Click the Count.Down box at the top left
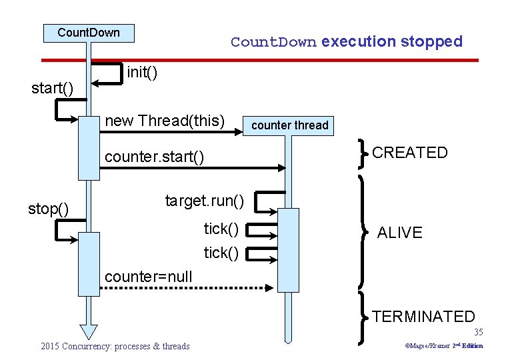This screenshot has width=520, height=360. tap(89, 33)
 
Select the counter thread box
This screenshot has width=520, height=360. tap(289, 125)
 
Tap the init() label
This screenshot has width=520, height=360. tap(142, 72)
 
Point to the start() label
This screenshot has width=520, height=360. tap(53, 88)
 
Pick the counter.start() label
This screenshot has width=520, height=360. tap(155, 157)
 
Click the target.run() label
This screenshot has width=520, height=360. tap(204, 200)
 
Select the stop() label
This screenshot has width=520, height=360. tap(48, 209)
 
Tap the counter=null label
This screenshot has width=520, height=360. tap(149, 276)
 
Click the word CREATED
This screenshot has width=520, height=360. tap(410, 153)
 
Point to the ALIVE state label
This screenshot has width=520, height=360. tap(400, 233)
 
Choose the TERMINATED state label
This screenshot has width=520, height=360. tap(423, 317)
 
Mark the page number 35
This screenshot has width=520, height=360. tap(478, 332)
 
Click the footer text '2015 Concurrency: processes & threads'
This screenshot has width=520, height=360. tap(115, 346)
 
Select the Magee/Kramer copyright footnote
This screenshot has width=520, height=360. tap(444, 346)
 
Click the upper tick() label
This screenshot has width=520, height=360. tap(221, 229)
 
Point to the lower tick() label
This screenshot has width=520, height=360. tap(221, 253)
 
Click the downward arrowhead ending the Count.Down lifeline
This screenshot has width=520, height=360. tap(88, 331)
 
